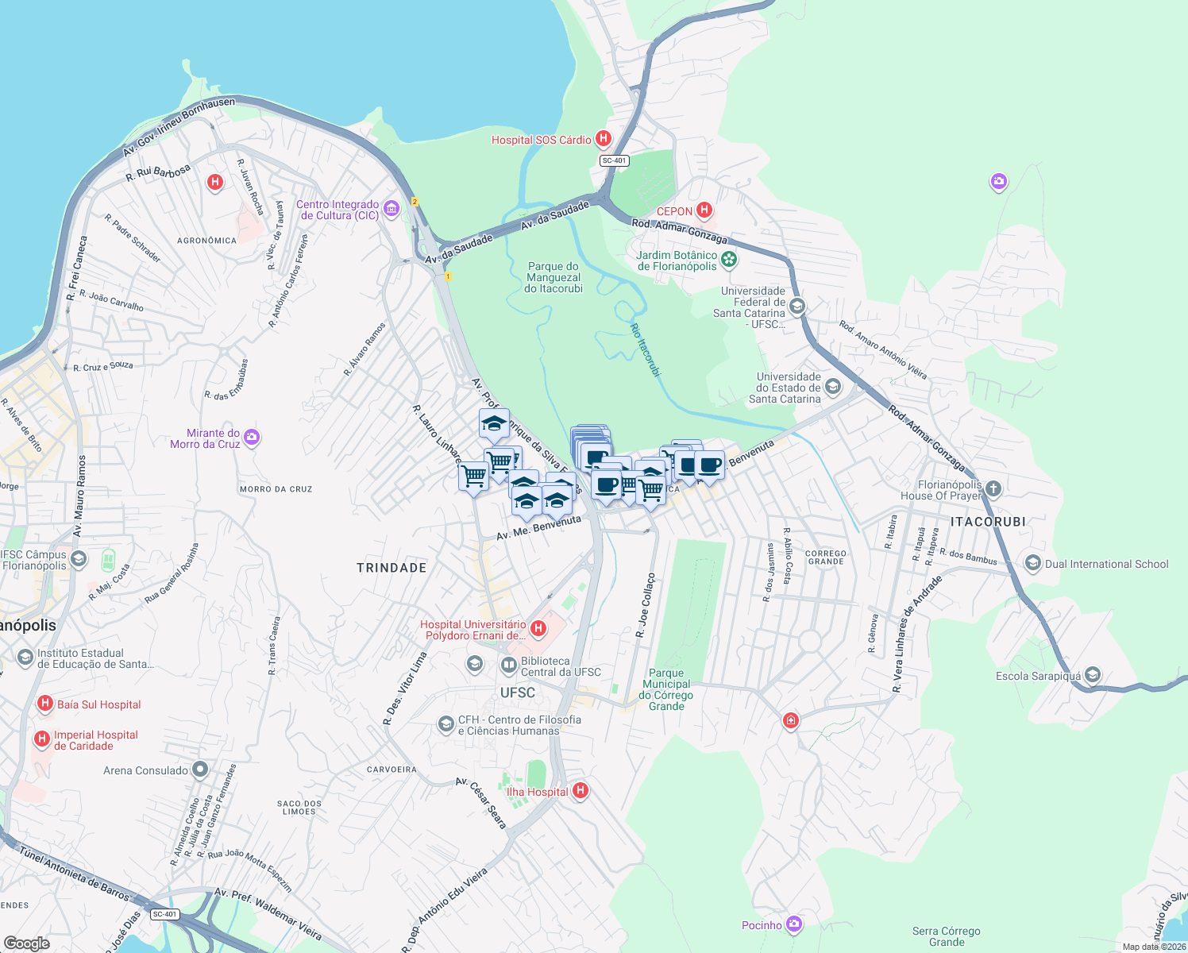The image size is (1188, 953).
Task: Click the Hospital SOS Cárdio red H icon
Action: (x=604, y=139)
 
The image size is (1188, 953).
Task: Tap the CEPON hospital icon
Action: (x=704, y=210)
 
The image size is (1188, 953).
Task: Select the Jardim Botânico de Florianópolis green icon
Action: (x=729, y=260)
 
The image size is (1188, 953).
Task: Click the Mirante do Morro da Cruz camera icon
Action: (x=252, y=438)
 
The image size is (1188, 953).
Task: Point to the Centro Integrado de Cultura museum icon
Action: (x=391, y=209)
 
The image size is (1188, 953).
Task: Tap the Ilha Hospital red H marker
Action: (x=580, y=790)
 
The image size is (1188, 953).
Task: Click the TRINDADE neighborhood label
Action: (x=391, y=568)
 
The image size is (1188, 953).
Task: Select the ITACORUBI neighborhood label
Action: (x=988, y=522)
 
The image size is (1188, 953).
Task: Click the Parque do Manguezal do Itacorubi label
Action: (x=553, y=278)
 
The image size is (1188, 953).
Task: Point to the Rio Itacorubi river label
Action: (x=645, y=349)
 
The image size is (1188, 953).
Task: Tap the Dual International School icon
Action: (x=1032, y=563)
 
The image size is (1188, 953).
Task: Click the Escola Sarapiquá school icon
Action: (x=1092, y=675)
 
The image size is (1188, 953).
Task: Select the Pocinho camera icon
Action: (x=793, y=924)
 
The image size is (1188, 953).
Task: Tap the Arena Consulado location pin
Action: (x=199, y=769)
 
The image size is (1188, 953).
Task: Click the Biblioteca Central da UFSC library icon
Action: (x=508, y=665)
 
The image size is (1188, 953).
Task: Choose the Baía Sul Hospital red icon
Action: (x=45, y=704)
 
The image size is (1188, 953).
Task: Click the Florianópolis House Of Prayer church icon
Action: (x=993, y=488)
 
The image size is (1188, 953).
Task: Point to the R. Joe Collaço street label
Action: (x=645, y=605)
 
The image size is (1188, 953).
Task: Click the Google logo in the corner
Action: (x=26, y=943)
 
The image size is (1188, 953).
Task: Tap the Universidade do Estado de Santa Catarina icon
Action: (x=832, y=387)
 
